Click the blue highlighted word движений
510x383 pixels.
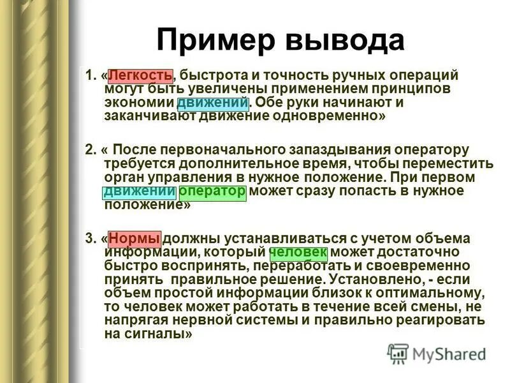[x=213, y=102]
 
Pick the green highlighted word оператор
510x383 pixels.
[x=213, y=191]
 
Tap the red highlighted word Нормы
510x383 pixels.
[x=135, y=239]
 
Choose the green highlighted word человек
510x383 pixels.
[x=298, y=253]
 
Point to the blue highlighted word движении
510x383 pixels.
[x=139, y=191]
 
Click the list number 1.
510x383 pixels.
[x=89, y=75]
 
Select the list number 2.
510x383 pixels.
[x=89, y=149]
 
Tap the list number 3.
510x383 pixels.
[x=89, y=239]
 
